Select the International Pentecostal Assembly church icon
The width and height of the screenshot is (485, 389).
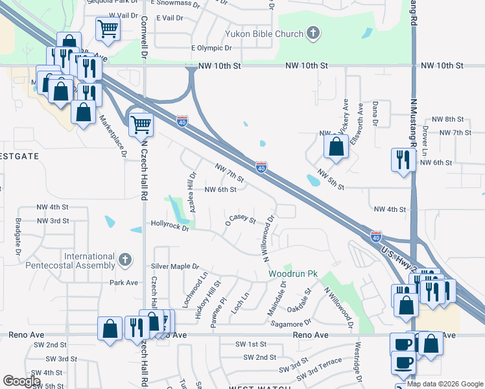tap(126, 260)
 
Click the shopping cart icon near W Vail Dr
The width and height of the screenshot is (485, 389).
tap(108, 28)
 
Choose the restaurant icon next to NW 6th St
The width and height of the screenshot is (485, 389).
tap(403, 159)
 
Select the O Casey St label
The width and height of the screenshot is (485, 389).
tap(241, 220)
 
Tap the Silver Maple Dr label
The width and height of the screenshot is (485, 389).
tap(174, 266)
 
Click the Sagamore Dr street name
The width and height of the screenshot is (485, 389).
tap(286, 324)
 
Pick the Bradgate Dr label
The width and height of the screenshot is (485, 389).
tap(18, 236)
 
